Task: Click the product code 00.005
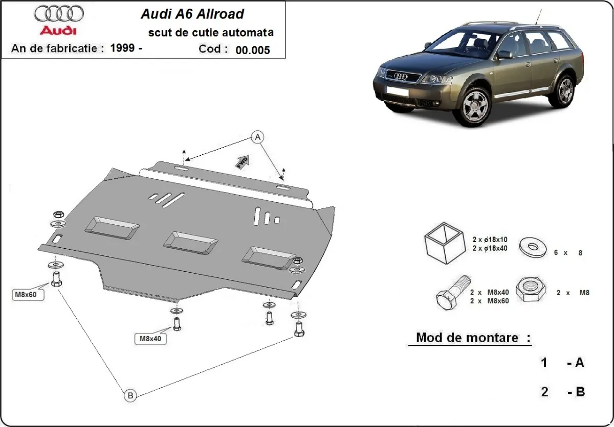pos(253,50)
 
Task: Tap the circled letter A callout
pos(258,137)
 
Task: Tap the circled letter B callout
pos(130,395)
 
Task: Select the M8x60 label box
pos(25,294)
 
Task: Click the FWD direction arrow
pos(243,161)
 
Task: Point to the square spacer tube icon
pos(443,243)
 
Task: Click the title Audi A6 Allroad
pos(192,14)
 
